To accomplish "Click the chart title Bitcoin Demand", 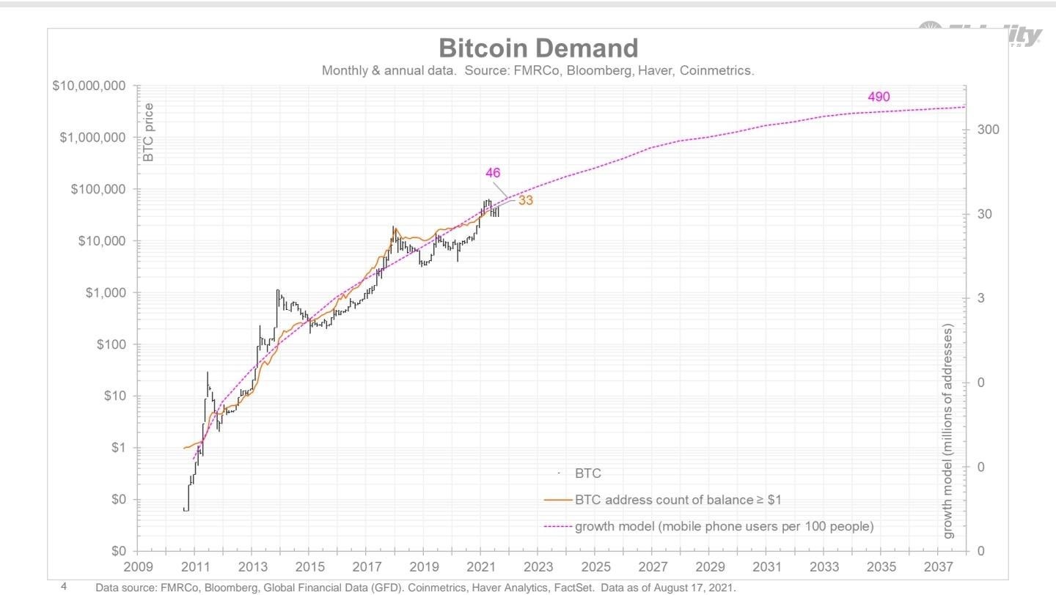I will (x=538, y=48).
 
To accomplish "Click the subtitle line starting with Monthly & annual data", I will (x=538, y=71).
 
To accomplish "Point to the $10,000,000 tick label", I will (x=89, y=86).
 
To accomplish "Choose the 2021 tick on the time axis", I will (x=480, y=567).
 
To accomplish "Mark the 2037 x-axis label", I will (x=939, y=567).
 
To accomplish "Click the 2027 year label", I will (x=652, y=567).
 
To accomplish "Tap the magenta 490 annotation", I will (x=879, y=97).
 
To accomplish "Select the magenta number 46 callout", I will (x=493, y=173).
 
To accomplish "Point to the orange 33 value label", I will (x=525, y=200).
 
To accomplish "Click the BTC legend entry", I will (x=587, y=474).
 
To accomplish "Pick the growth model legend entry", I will (x=723, y=527).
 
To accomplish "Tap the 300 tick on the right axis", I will (x=987, y=130).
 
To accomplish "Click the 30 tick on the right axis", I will (x=984, y=214).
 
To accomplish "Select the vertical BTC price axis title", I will (x=148, y=133).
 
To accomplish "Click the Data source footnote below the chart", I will (x=415, y=588).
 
